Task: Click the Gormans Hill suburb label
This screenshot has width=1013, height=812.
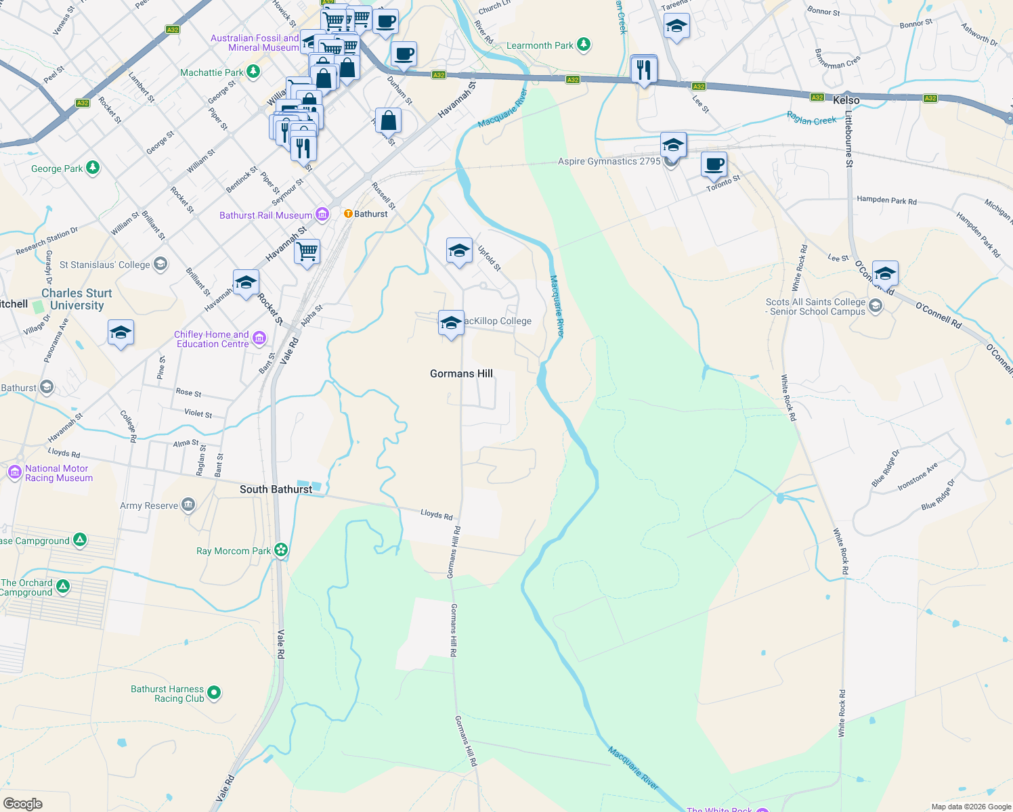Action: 461,374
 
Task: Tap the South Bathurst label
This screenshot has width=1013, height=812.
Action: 276,489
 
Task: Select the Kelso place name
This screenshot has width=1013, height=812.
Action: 846,100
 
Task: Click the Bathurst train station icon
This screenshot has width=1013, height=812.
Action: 348,214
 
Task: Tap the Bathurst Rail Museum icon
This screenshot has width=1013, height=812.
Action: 322,215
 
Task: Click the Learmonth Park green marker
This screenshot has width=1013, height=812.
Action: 584,45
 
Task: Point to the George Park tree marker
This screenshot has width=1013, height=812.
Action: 93,168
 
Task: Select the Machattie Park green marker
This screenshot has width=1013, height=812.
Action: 253,72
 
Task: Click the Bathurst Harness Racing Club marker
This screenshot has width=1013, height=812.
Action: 214,692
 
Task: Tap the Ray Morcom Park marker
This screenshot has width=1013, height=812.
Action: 281,550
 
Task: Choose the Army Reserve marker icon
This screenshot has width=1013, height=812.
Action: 188,505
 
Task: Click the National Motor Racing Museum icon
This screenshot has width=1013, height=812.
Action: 14,472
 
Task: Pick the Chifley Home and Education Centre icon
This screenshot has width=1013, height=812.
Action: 259,338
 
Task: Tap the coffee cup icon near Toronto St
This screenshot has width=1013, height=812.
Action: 714,164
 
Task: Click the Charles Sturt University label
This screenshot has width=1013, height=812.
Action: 77,299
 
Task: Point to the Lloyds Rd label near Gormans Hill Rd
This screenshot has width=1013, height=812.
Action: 436,515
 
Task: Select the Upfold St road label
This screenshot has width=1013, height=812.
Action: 489,258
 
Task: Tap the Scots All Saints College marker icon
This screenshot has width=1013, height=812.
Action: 876,307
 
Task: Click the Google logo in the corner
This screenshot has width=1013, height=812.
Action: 23,803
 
